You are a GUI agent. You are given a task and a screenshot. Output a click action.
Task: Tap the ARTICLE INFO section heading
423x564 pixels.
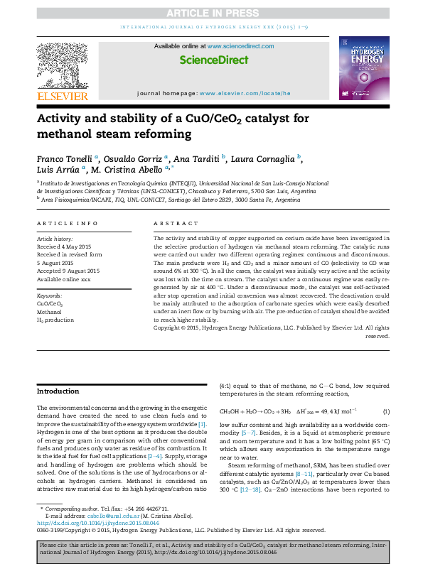pyautogui.click(x=68, y=224)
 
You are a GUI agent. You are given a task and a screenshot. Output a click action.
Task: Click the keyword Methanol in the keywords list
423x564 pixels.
pyautogui.click(x=49, y=311)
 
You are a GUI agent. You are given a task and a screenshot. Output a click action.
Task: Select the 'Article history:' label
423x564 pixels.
pyautogui.click(x=55, y=239)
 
